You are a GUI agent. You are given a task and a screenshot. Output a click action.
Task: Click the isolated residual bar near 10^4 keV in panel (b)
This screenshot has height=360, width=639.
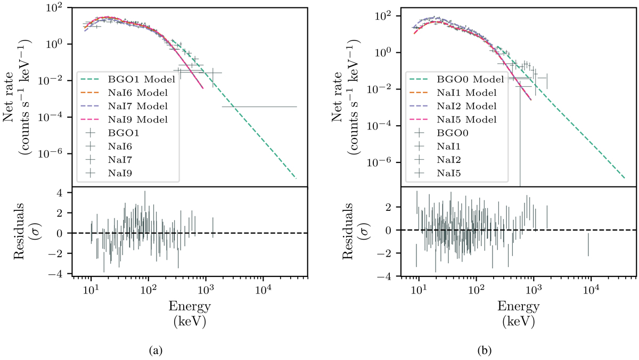(x=588, y=244)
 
